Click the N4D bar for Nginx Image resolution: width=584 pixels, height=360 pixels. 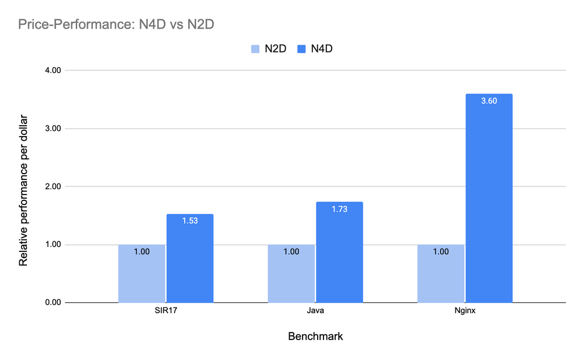pos(489,199)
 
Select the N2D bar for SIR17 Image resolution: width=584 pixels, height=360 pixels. pos(141,274)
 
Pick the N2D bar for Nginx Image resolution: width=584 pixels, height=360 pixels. pos(440,274)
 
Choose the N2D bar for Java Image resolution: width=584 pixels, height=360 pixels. pos(291,274)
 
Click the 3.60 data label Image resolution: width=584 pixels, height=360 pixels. pos(489,101)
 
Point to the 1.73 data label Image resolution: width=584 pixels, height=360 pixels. pos(339,209)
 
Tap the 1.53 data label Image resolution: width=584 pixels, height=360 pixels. pos(190,220)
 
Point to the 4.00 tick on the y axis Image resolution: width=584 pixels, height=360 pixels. pos(53,70)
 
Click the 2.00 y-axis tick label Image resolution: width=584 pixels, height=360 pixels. pos(53,186)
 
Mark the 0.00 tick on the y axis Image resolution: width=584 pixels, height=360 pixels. pos(53,303)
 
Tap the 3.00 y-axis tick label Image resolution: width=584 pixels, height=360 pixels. pos(53,129)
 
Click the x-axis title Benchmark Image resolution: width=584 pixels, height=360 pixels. pos(315,337)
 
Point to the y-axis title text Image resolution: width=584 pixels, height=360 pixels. pos(23,186)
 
